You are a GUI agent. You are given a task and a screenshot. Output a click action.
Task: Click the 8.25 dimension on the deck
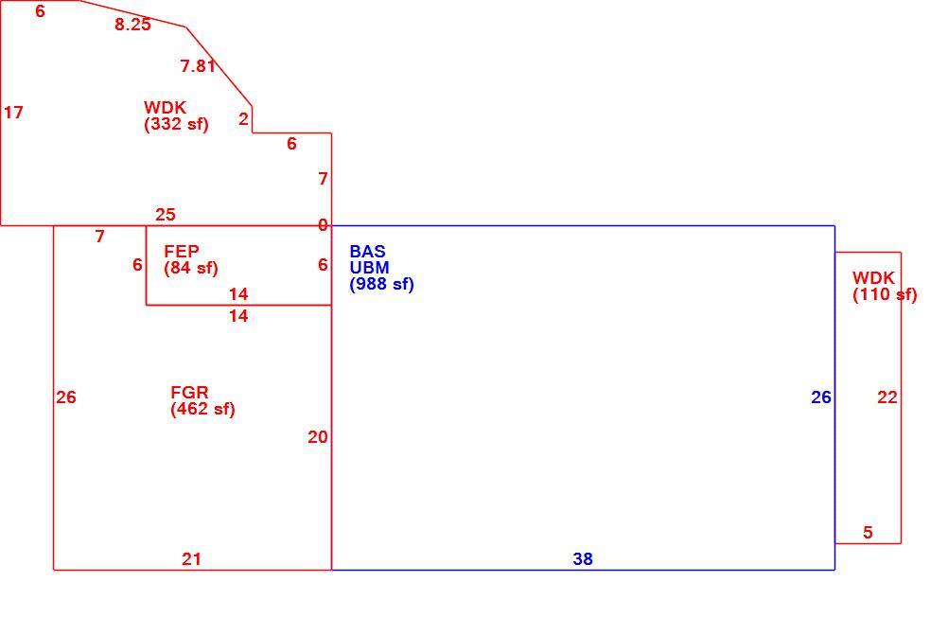click(132, 25)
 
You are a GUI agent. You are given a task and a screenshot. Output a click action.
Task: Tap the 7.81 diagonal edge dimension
click(198, 65)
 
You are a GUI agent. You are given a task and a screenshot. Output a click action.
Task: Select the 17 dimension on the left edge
click(13, 113)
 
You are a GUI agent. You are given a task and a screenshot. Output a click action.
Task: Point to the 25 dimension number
click(165, 215)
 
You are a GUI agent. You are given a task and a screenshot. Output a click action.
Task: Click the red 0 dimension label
click(323, 225)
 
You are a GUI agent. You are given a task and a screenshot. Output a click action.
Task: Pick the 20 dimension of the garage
click(317, 437)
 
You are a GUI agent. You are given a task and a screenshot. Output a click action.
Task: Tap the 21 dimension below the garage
click(191, 559)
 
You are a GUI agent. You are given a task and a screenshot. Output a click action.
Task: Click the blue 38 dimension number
click(583, 559)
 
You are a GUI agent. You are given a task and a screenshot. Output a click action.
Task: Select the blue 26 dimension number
click(821, 397)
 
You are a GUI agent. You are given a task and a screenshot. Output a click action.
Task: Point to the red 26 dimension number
click(66, 397)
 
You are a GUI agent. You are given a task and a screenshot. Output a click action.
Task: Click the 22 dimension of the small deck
click(887, 397)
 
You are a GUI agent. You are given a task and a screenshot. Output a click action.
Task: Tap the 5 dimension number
click(868, 533)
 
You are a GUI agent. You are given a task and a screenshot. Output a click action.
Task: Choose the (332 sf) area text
click(176, 124)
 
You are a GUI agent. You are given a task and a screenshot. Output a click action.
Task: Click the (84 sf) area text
click(190, 268)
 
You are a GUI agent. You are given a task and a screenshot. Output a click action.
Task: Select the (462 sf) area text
click(202, 409)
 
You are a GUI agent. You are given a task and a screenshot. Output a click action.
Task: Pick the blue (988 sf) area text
click(381, 284)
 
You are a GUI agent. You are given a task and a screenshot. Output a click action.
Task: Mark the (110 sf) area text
click(886, 294)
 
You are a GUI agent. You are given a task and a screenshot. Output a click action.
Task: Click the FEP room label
click(182, 251)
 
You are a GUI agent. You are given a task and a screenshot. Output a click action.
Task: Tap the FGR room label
click(189, 393)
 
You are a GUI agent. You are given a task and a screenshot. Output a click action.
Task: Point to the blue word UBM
click(369, 268)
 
